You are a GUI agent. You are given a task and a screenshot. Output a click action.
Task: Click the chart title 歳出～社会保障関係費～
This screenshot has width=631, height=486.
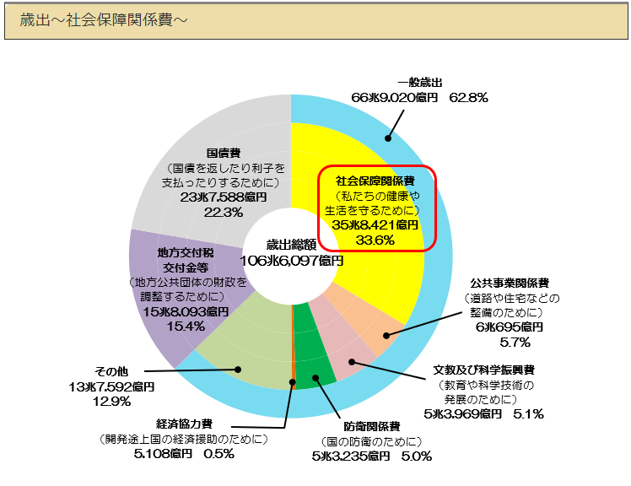(x=104, y=19)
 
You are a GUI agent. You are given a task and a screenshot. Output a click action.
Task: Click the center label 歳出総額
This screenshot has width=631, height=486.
(x=291, y=245)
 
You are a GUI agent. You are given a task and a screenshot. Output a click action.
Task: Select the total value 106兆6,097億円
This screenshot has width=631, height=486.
(x=292, y=261)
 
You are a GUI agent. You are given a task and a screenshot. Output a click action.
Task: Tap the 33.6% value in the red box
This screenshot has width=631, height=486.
(x=375, y=240)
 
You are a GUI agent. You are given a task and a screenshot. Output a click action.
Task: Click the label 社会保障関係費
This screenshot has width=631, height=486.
(x=375, y=181)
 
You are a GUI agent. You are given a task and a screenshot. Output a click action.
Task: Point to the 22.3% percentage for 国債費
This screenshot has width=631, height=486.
(x=224, y=212)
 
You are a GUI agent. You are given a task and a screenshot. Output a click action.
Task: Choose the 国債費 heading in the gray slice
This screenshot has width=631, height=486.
(x=224, y=153)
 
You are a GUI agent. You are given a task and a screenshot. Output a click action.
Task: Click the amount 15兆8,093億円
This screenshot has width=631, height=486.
(x=186, y=311)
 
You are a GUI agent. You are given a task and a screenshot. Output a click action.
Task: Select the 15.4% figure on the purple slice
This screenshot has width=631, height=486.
(x=186, y=327)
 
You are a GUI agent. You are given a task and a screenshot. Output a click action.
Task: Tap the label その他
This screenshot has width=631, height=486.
(x=111, y=371)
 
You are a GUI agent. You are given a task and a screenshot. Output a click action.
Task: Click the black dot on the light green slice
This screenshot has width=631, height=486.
(x=238, y=370)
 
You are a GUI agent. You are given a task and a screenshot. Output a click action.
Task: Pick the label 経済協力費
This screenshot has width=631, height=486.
(x=184, y=424)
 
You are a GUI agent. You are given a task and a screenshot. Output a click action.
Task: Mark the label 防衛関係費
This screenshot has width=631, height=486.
(x=372, y=426)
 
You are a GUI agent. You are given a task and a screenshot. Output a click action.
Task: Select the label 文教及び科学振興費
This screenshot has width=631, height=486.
(x=483, y=370)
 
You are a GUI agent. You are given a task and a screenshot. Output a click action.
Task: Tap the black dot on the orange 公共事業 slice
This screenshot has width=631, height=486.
(x=386, y=336)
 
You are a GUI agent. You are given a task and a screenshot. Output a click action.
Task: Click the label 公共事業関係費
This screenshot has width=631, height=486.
(x=510, y=283)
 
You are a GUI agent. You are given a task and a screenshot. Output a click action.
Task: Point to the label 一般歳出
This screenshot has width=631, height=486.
(x=420, y=83)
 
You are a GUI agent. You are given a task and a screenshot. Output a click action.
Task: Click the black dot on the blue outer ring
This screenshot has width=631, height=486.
(x=388, y=138)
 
